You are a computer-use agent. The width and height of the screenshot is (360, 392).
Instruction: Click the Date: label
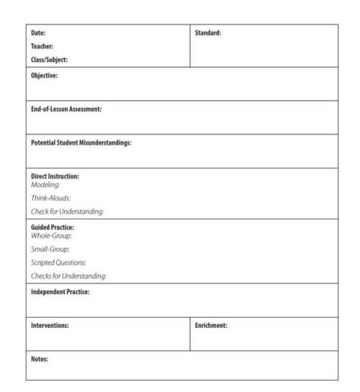38,33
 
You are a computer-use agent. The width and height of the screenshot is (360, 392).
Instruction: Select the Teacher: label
42,47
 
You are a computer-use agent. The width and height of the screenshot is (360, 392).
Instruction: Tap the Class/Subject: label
49,60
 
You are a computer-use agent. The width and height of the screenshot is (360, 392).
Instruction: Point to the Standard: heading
207,33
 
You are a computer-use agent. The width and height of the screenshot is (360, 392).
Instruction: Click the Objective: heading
44,75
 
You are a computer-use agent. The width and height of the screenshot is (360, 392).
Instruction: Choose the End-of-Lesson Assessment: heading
66,109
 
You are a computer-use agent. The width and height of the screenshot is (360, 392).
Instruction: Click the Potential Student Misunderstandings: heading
81,143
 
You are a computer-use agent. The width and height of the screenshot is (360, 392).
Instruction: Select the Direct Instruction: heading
55,176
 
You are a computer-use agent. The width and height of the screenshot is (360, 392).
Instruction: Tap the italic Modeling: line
45,185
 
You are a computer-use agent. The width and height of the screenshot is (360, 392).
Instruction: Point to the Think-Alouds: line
50,198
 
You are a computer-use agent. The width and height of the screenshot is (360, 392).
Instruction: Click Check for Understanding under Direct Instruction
67,211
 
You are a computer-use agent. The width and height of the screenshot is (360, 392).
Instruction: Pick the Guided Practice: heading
53,228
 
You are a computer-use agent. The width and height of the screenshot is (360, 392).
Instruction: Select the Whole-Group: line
51,236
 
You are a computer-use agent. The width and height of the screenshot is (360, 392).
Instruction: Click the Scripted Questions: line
58,263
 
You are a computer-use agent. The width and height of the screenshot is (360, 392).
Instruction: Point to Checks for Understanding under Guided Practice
68,276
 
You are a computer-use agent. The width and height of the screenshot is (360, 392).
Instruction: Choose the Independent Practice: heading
60,292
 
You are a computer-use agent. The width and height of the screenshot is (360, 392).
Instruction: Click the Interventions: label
50,326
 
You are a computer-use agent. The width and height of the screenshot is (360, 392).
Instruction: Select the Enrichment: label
211,326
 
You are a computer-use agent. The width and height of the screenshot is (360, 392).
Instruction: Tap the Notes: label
39,359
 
